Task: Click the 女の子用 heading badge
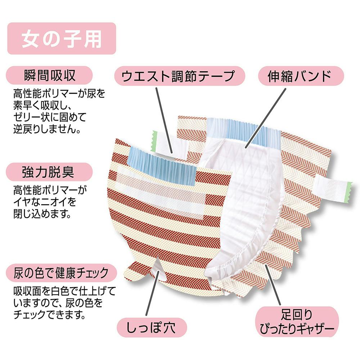coord(62,39)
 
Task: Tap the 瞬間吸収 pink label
coord(49,75)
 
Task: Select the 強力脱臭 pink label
coord(49,172)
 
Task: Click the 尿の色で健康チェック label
coord(61,273)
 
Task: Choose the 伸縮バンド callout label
coord(301,76)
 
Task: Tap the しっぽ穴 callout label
coord(152,327)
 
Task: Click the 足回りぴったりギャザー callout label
coord(297,321)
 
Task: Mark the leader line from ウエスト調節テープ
coord(164,120)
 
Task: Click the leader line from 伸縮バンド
coord(266,118)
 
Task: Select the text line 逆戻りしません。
coord(47,129)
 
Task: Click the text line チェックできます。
coord(50,314)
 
